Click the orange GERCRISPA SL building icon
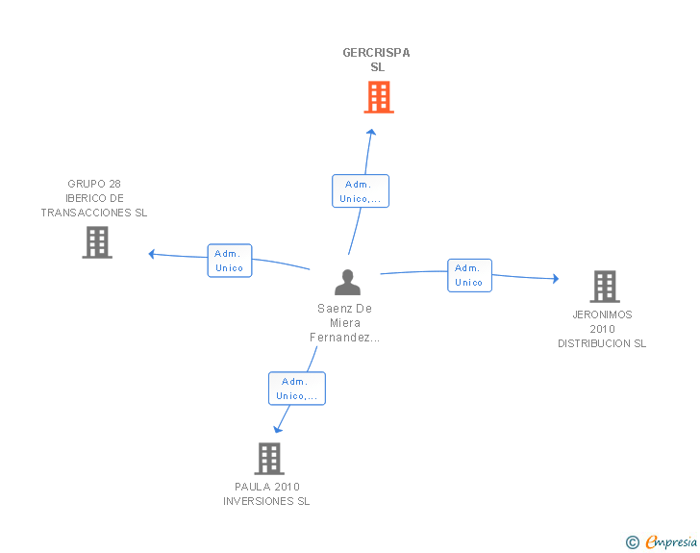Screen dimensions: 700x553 [x=379, y=97]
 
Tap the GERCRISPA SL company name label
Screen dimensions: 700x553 [x=376, y=60]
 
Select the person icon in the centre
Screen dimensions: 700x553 [x=347, y=283]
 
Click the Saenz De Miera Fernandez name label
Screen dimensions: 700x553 [x=344, y=323]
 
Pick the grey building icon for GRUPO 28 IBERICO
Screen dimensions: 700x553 [x=97, y=242]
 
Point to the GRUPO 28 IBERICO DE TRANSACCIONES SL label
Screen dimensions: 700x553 [x=94, y=198]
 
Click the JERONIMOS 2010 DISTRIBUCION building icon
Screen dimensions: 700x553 [x=605, y=287]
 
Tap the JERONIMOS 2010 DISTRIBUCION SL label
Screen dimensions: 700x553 [x=602, y=329]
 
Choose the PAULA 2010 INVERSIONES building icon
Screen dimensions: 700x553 [x=269, y=459]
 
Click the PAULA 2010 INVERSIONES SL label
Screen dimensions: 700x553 [x=266, y=494]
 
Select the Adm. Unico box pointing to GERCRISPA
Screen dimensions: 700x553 [x=361, y=191]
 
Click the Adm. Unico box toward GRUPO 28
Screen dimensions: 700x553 [x=230, y=261]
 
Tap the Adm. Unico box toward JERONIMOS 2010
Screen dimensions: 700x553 [x=469, y=276]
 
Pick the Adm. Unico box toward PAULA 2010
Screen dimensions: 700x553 [x=297, y=389]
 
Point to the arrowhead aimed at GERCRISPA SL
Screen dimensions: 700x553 [x=371, y=132]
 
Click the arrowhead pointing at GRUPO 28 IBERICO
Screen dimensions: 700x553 [x=151, y=254]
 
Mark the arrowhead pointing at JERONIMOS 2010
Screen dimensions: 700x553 [x=556, y=279]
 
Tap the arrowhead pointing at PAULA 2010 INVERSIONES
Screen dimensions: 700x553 [x=277, y=430]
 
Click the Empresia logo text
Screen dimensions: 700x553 [x=671, y=542]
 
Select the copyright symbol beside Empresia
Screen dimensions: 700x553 [x=633, y=542]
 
